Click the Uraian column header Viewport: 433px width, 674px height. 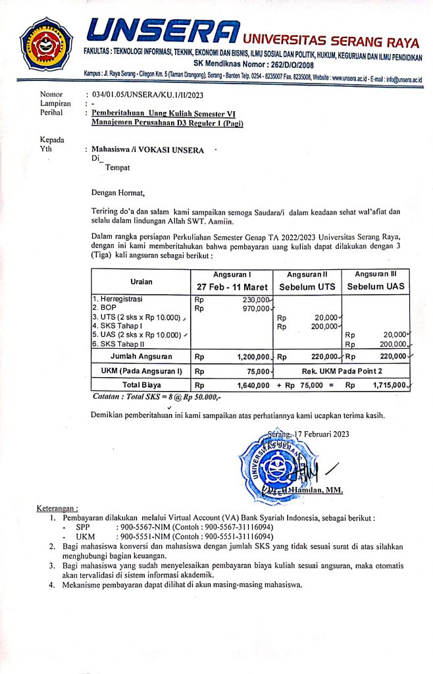(141, 281)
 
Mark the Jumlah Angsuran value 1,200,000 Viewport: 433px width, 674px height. (253, 357)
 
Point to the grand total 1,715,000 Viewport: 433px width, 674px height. (386, 385)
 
